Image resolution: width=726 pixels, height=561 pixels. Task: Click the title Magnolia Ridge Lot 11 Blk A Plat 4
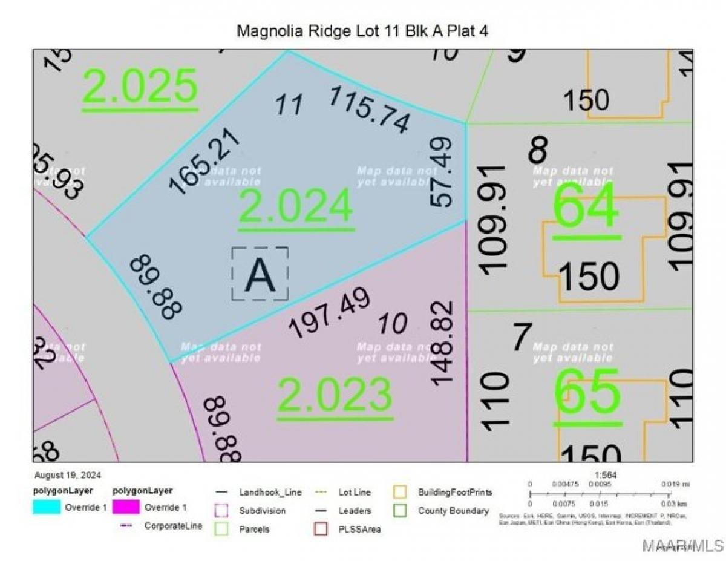362,31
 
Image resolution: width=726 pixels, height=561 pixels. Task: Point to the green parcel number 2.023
335,394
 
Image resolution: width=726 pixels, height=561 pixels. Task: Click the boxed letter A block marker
260,274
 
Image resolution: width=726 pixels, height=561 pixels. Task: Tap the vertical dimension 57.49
441,172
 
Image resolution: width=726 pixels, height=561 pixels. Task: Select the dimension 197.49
329,313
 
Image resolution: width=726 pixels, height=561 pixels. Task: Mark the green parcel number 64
587,206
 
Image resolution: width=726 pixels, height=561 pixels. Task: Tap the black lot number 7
522,337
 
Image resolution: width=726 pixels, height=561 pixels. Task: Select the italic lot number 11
289,105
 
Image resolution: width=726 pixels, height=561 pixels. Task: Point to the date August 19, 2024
67,475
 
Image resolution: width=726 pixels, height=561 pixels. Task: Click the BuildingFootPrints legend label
455,492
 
